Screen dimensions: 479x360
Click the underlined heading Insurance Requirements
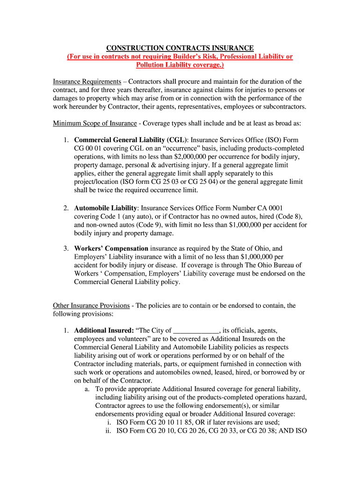[87, 81]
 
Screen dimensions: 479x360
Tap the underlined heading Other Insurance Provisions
[91, 305]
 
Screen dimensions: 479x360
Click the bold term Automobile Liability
[106, 208]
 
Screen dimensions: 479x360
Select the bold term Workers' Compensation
[111, 248]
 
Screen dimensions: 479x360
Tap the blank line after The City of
[196, 330]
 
